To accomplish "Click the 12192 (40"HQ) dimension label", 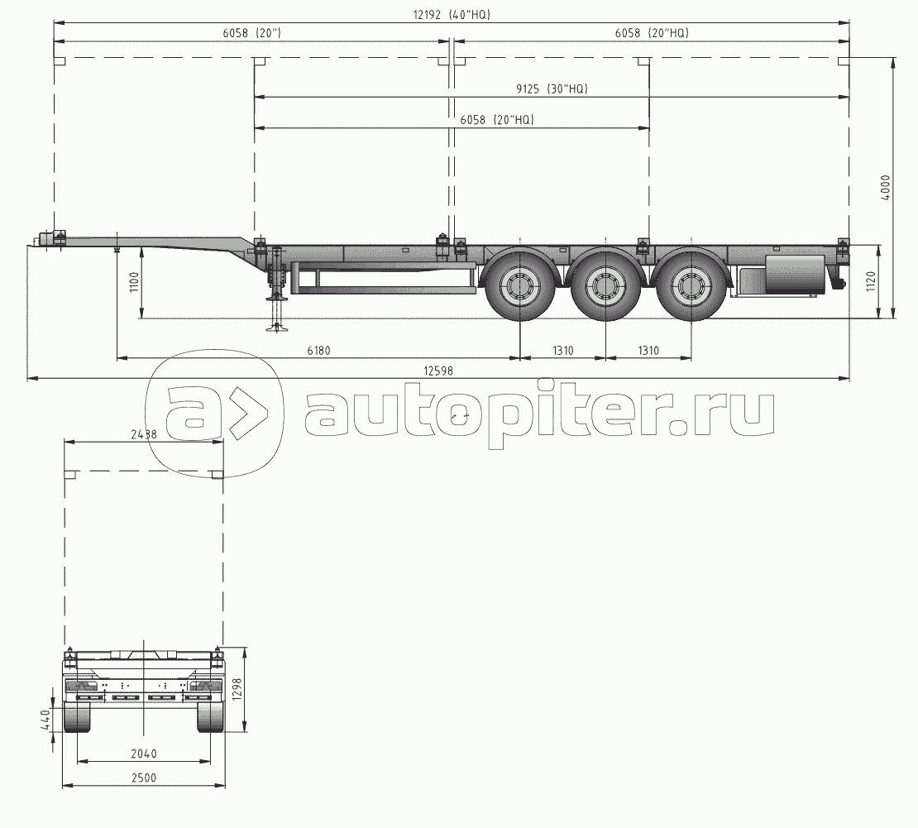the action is point(452,15).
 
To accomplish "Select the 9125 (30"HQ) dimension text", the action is point(552,89).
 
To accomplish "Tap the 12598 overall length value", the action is point(438,371).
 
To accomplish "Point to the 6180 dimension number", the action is point(318,351).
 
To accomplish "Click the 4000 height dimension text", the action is point(885,188).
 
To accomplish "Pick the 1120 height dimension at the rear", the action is point(870,282).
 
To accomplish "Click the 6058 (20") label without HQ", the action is point(251,33).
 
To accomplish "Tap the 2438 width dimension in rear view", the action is point(143,434).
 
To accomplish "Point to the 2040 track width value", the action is point(143,754).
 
